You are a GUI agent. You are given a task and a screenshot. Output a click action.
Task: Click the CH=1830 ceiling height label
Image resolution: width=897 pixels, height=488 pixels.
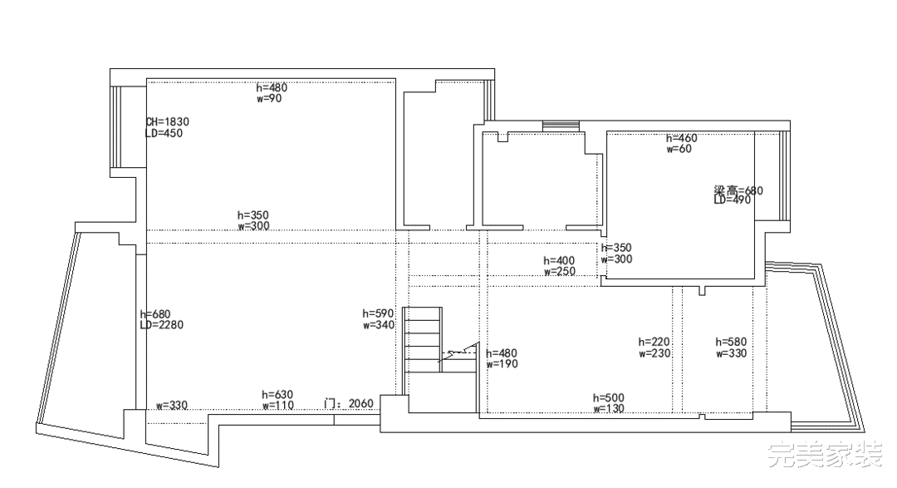pos(167,122)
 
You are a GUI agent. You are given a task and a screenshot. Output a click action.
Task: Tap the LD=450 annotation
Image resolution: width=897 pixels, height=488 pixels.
pos(164,134)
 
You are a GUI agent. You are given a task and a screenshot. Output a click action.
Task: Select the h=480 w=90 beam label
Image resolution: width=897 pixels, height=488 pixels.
pos(272,93)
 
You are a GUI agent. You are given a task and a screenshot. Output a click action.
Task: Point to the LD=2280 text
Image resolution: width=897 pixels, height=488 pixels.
pos(162,325)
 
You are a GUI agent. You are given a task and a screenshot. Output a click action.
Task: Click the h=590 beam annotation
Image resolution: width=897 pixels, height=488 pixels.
pos(378,314)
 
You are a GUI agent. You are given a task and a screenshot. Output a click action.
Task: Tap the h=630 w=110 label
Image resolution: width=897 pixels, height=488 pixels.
pos(278,400)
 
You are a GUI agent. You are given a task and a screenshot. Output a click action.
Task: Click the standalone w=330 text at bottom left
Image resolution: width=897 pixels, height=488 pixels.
pos(172,406)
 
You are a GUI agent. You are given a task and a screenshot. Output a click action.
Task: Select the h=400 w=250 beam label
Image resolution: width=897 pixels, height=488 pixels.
pos(560,266)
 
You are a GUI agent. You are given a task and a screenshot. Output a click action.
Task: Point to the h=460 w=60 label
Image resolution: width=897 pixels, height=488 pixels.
pos(682,143)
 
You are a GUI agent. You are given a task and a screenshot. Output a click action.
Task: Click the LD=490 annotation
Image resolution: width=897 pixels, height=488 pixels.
pos(733,200)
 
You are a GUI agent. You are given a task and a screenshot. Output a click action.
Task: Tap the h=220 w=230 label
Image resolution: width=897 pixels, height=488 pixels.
pos(654,348)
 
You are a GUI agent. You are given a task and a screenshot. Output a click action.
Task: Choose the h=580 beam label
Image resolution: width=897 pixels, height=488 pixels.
pos(731,342)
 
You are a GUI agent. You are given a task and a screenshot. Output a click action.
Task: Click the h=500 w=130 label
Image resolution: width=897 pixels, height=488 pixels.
pos(609,403)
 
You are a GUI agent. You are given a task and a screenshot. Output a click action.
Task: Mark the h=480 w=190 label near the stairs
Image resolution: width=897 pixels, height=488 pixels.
pos(502,358)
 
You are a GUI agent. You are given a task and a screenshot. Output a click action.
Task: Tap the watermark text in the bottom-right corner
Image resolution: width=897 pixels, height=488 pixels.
pos(826,455)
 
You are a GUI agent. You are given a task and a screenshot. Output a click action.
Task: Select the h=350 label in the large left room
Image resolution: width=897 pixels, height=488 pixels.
pos(252,215)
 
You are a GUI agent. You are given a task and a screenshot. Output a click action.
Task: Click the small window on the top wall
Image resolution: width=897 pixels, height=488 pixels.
pos(561,126)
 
